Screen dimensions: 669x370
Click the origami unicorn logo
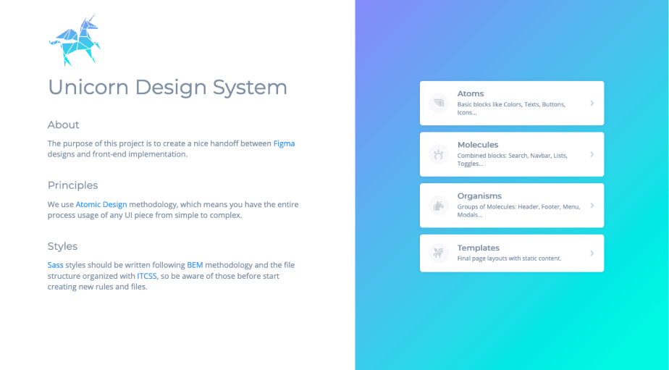click(x=75, y=40)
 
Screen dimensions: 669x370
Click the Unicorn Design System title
click(x=167, y=87)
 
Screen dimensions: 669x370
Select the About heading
click(x=63, y=125)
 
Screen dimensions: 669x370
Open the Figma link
click(x=284, y=143)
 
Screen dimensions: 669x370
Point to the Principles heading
click(x=72, y=185)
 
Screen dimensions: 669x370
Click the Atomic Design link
click(x=101, y=204)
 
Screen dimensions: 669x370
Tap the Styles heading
click(x=62, y=246)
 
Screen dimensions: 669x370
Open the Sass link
click(x=56, y=265)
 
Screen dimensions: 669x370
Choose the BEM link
click(x=195, y=265)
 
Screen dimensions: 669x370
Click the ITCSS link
click(x=147, y=276)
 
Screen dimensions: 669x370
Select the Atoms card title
click(x=471, y=93)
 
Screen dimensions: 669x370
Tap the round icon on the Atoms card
click(x=439, y=103)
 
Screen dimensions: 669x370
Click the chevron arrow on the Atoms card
click(x=592, y=103)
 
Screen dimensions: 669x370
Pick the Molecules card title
click(x=478, y=145)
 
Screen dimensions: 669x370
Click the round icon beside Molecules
click(x=439, y=154)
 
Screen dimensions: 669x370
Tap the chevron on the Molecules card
click(x=592, y=154)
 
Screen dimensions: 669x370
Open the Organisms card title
click(x=479, y=196)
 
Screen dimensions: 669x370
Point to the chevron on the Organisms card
click(x=592, y=205)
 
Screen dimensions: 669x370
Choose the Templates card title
click(x=479, y=248)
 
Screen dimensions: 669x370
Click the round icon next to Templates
click(x=439, y=253)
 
